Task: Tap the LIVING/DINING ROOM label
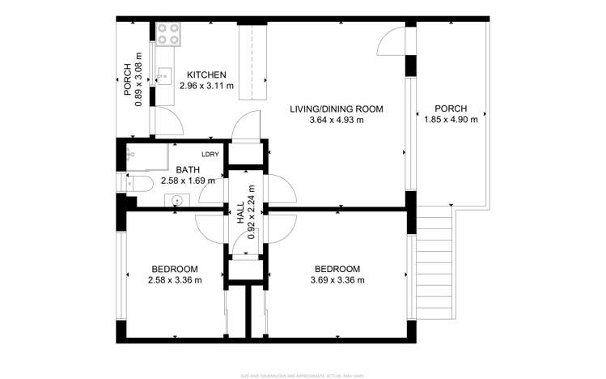coord(336,109)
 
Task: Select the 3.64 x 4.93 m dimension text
coord(336,120)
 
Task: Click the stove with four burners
coord(168,33)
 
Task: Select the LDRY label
coord(210,155)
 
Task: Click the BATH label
coord(188,170)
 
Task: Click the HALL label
coord(240,213)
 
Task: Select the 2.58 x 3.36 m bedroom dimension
coord(175,280)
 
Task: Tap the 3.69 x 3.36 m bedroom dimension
coord(337,280)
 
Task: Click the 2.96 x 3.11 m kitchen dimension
coord(206,86)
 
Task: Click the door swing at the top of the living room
coord(392,40)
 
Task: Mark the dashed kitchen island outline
coord(252,61)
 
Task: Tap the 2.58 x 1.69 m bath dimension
coord(188,181)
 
